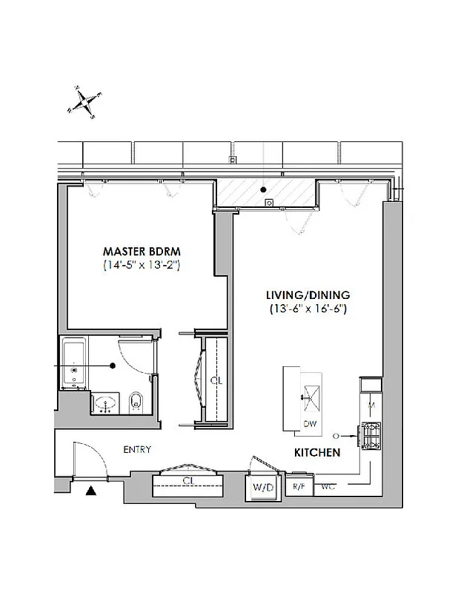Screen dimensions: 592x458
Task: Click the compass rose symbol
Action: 84,101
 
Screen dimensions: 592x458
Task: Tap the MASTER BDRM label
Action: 142,250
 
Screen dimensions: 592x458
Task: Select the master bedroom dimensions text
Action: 142,265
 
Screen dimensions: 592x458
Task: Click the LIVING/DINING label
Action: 309,294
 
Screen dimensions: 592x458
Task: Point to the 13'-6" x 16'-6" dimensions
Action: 309,309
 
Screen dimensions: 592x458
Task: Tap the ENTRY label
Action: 137,449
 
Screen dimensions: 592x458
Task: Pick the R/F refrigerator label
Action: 299,486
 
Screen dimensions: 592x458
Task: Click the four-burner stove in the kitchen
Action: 369,435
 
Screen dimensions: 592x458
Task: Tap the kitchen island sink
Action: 309,397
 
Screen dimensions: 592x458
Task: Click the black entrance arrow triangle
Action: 92,490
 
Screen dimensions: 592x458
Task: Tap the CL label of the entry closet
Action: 188,481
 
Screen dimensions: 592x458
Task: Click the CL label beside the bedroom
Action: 216,380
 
